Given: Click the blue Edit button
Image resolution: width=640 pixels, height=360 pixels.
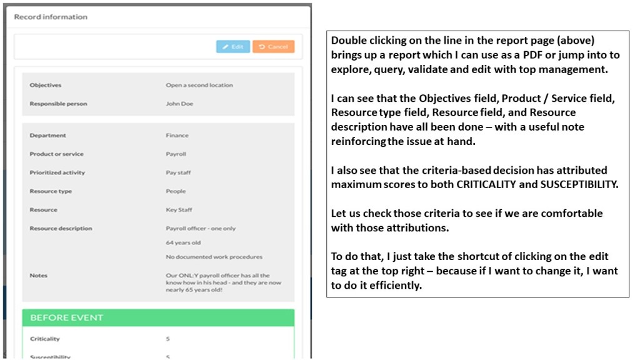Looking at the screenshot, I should coord(232,47).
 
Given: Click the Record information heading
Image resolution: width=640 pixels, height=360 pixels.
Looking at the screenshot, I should coord(51,17).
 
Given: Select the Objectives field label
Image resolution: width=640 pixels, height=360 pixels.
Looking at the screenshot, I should coord(46,85).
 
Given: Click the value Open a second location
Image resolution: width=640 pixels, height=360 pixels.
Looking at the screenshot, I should coord(199,85).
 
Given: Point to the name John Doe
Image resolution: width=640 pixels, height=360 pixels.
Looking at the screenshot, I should coord(179,104).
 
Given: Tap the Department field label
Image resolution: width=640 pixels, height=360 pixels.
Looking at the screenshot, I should coord(47,135).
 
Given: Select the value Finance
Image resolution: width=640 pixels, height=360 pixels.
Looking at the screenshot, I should coord(177,135).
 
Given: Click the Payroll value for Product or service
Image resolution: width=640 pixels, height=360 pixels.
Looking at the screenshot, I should coord(176,154).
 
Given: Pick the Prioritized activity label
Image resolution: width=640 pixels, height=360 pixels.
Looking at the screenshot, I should coord(57,172).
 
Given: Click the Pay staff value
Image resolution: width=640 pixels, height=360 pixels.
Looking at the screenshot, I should coord(178,172).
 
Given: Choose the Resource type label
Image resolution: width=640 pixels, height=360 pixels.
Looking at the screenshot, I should coord(51,191).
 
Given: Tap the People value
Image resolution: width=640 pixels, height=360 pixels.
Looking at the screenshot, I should coord(176,191).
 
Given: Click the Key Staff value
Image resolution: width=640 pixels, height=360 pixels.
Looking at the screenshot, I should coord(179,210).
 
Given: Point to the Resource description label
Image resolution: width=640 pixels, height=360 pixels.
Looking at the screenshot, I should coord(61,229).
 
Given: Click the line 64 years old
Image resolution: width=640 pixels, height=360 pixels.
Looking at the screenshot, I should coord(183,242).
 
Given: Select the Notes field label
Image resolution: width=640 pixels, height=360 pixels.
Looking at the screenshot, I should coord(38,275).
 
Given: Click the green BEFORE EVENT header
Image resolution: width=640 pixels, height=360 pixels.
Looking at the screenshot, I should coord(157,317).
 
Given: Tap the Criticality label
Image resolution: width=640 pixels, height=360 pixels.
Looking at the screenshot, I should coord(45,339).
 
